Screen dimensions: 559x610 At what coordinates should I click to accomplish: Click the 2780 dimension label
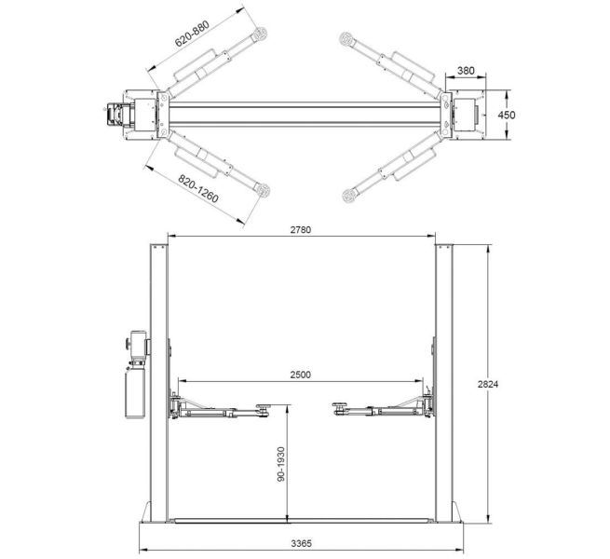pos(300,228)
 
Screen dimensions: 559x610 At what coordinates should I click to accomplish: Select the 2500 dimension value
pos(300,375)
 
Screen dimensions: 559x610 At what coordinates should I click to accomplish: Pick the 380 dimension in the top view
pos(466,70)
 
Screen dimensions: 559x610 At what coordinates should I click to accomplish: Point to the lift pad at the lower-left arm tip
pos(264,191)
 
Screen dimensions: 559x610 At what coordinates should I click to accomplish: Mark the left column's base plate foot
pos(152,514)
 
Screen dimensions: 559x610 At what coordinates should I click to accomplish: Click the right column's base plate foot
pos(450,514)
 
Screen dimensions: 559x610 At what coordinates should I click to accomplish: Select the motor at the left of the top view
pos(116,114)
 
